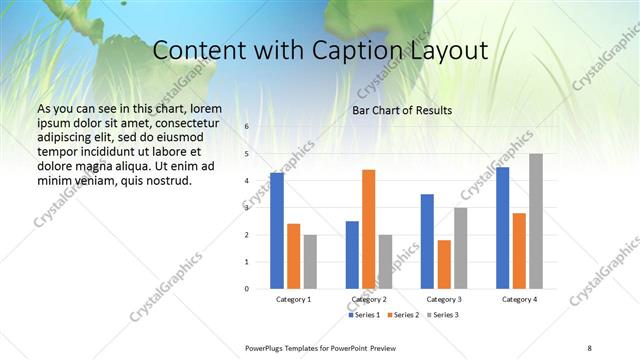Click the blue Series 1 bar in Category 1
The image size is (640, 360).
[x=277, y=231]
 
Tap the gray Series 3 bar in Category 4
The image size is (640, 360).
[x=536, y=221]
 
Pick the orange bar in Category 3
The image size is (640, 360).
[x=445, y=264]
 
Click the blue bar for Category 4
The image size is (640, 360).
[x=502, y=228]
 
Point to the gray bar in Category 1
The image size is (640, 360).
[x=310, y=261]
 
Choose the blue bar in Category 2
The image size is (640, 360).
[x=352, y=255]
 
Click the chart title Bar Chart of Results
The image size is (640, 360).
[x=402, y=110]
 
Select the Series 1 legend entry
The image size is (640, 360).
[x=364, y=315]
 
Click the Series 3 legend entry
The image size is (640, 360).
[x=443, y=315]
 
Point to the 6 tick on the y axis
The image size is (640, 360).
[x=246, y=127]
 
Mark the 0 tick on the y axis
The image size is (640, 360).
[x=246, y=288]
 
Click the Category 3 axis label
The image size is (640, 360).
[x=444, y=299]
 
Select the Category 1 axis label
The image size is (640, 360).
[x=294, y=299]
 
